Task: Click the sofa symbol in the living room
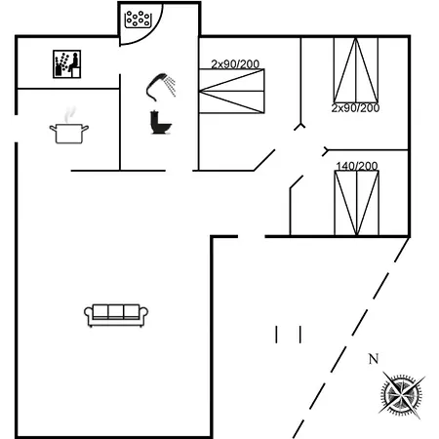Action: (x=116, y=315)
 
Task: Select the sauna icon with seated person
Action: (x=67, y=64)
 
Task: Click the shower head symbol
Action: (x=161, y=87)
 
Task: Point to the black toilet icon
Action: (x=161, y=123)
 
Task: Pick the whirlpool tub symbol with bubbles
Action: (x=139, y=20)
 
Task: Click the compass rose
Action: (x=402, y=395)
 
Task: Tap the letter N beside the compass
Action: (x=374, y=359)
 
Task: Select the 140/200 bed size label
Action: (x=357, y=166)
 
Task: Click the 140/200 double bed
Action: (x=357, y=203)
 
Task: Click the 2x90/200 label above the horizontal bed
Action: (x=235, y=64)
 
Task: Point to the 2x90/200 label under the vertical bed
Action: (x=355, y=107)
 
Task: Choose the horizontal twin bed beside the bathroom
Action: (x=231, y=91)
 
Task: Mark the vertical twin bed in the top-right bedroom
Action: (x=356, y=70)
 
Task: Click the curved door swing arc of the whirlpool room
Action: (x=149, y=34)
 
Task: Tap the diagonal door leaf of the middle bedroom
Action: (x=264, y=160)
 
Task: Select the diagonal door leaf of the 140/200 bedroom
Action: (x=297, y=181)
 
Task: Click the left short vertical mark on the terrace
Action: (x=276, y=335)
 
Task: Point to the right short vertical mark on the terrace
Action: (x=300, y=335)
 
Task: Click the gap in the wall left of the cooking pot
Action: (x=16, y=129)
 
